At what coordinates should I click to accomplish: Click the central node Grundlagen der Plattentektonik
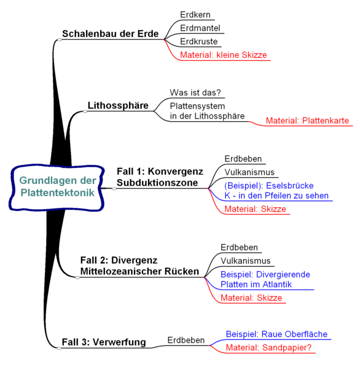coord(57,187)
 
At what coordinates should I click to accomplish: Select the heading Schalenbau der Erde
coord(111,34)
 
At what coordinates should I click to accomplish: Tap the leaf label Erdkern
coord(195,15)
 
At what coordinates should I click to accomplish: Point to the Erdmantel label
coord(200,28)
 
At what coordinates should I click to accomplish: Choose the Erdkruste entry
coord(199,41)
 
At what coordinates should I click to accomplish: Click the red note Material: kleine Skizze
coord(224,55)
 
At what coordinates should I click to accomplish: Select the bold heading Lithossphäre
coord(118,105)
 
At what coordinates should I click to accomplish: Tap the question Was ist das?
coord(195,92)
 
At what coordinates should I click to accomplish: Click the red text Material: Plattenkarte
coord(307,121)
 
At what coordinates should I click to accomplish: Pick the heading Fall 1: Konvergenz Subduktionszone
coord(160,177)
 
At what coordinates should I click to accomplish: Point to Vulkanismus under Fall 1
coord(249,172)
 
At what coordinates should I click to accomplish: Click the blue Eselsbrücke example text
coord(276,191)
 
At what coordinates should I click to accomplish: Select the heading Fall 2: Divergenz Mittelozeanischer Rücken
coord(139,266)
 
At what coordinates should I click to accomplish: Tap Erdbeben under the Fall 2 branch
coord(239,247)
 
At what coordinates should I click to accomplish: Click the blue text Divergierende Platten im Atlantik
coord(265,279)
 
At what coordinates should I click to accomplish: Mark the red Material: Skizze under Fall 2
coord(251,298)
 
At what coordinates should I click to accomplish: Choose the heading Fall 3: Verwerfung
coord(104,342)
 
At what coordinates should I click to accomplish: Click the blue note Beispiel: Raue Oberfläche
coord(276,334)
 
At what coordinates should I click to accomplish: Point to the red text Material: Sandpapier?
coord(268,347)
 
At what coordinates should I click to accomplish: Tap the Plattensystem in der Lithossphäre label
coord(207,111)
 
